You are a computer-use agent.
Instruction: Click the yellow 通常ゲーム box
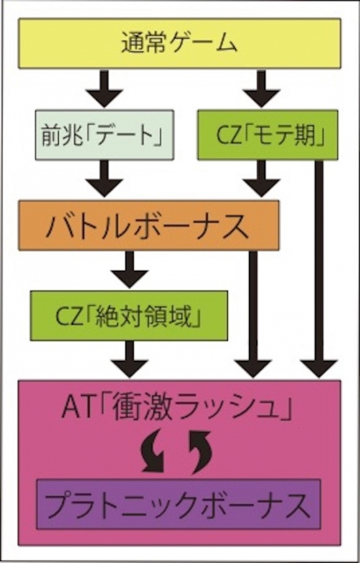[x=180, y=43]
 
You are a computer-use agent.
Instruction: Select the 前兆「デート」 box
[x=105, y=135]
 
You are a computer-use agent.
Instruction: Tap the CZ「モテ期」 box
[x=268, y=135]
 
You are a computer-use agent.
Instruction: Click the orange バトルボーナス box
[x=149, y=225]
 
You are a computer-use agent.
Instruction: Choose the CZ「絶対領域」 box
[x=129, y=316]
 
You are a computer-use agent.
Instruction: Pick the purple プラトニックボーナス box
[x=179, y=504]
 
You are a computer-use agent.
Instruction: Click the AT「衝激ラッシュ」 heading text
[x=176, y=408]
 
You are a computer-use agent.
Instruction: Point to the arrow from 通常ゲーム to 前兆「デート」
[x=105, y=89]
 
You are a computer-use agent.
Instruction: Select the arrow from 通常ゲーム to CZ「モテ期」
[x=261, y=89]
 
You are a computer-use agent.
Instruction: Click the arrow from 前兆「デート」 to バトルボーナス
[x=105, y=179]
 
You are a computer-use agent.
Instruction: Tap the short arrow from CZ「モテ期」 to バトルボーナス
[x=261, y=179]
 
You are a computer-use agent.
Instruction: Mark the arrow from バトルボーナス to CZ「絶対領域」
[x=129, y=269]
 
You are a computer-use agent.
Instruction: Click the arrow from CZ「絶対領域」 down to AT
[x=129, y=359]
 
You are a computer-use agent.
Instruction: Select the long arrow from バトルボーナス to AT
[x=253, y=314]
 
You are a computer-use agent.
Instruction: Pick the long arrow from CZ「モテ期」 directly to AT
[x=319, y=269]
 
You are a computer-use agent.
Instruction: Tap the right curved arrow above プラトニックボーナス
[x=202, y=453]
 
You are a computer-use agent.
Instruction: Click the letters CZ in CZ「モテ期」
[x=228, y=135]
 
